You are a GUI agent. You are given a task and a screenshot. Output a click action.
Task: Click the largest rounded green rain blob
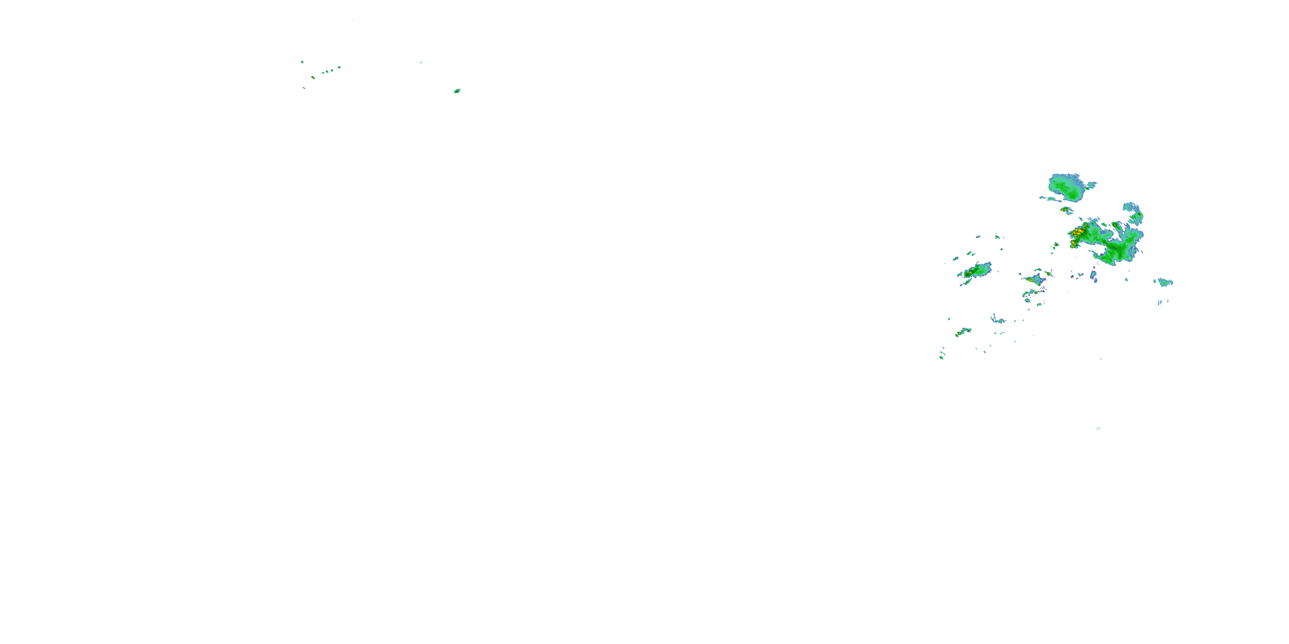[1068, 187]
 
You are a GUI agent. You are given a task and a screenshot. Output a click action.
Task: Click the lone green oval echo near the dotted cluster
[457, 91]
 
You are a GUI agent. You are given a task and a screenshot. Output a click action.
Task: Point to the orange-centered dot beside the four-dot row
[313, 78]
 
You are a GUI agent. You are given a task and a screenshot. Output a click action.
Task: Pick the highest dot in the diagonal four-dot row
[339, 67]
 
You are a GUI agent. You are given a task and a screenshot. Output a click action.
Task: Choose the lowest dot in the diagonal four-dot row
[323, 73]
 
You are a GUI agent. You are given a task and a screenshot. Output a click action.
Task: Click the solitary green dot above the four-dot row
[302, 62]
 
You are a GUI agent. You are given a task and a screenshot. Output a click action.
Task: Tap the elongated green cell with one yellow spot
[977, 271]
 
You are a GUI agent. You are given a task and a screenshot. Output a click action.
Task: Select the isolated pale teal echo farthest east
[1165, 283]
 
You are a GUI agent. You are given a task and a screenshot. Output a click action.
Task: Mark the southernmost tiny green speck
[1098, 428]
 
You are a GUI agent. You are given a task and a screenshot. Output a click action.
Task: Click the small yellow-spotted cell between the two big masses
[1065, 210]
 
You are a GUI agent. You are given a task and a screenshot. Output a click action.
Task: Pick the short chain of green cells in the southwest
[963, 331]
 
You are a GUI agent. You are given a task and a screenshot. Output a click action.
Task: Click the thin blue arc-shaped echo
[997, 319]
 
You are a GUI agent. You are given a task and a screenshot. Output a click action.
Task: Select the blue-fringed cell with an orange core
[1034, 279]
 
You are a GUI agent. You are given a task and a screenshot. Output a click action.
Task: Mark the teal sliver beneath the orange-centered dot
[304, 88]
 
